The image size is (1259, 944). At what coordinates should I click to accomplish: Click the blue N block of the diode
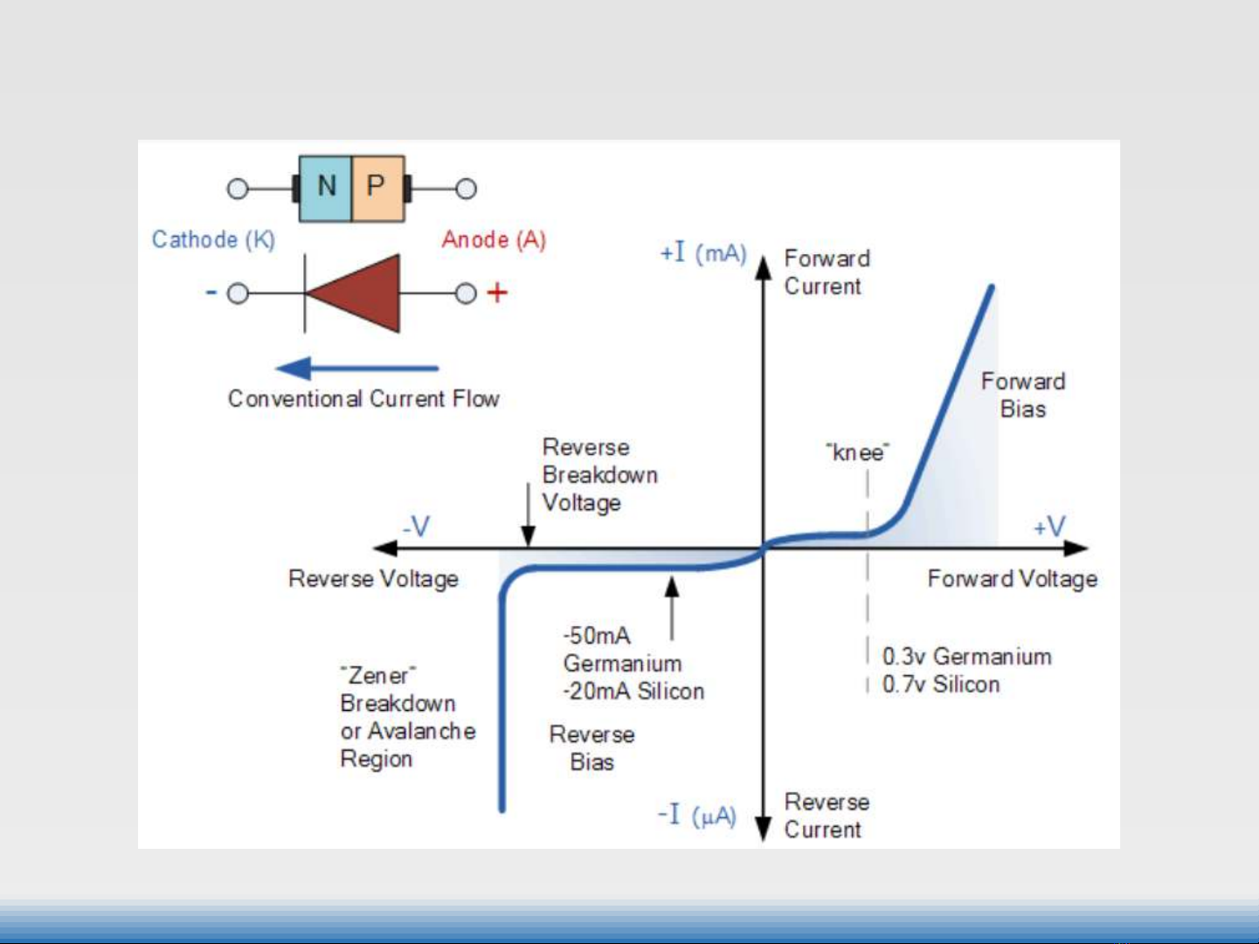pyautogui.click(x=325, y=188)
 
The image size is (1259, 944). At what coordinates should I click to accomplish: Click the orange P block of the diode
pyautogui.click(x=377, y=188)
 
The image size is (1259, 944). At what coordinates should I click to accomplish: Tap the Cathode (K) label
pyautogui.click(x=213, y=239)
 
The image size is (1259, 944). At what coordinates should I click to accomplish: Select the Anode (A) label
pyautogui.click(x=494, y=239)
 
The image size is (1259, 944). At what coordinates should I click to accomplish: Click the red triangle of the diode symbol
pyautogui.click(x=358, y=293)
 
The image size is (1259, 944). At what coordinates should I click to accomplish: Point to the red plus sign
pyautogui.click(x=497, y=293)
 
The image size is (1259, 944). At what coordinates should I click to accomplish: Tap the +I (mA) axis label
pyautogui.click(x=703, y=253)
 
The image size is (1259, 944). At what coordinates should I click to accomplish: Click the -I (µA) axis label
pyautogui.click(x=697, y=816)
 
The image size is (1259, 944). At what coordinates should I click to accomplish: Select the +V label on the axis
pyautogui.click(x=1048, y=527)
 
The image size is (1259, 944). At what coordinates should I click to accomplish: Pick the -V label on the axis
pyautogui.click(x=416, y=527)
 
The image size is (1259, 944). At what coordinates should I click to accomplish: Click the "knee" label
pyautogui.click(x=858, y=452)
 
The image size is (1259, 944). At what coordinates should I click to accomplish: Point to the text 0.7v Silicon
pyautogui.click(x=941, y=685)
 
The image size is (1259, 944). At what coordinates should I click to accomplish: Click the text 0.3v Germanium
pyautogui.click(x=966, y=657)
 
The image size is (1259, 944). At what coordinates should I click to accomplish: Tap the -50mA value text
pyautogui.click(x=597, y=635)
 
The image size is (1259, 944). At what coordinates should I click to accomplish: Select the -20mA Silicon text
pyautogui.click(x=633, y=692)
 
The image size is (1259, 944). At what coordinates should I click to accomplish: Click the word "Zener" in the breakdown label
pyautogui.click(x=377, y=675)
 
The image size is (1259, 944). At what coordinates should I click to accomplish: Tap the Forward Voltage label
pyautogui.click(x=1013, y=579)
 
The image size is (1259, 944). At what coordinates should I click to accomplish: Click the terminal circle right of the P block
pyautogui.click(x=467, y=189)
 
